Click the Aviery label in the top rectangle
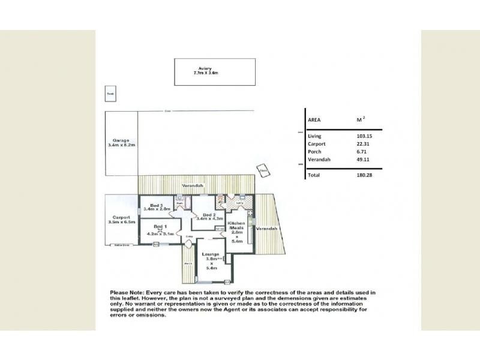pos(206,68)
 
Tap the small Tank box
pos(110,94)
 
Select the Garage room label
pos(121,140)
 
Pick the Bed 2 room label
pos(208,215)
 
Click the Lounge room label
pos(210,255)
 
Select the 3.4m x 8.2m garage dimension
pos(121,145)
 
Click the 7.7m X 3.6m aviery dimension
pos(205,73)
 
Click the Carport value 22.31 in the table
pos(364,144)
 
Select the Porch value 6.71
pos(362,152)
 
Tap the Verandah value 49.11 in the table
pos(364,160)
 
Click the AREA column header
pos(314,119)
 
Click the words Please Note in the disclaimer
pos(128,292)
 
